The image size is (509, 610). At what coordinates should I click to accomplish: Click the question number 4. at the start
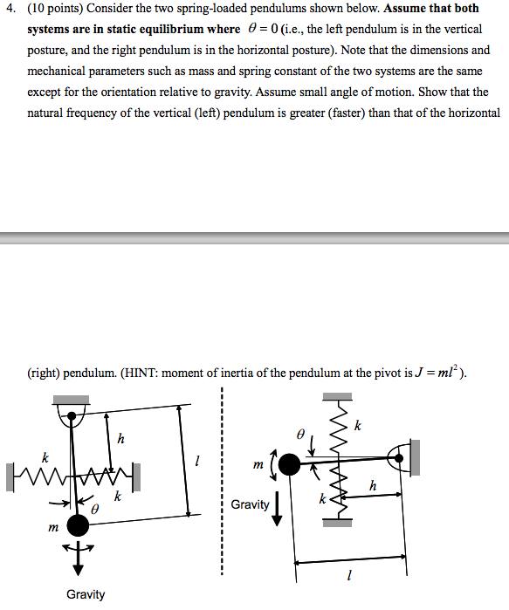pos(10,9)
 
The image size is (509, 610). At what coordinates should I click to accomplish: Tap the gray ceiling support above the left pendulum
pos(71,401)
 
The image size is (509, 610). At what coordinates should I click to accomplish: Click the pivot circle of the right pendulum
pos(401,455)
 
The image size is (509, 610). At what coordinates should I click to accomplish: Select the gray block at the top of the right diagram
pos(338,397)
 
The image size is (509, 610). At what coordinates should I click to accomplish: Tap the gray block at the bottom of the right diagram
pos(338,522)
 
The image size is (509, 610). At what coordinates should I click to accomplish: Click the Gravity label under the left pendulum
pos(86,594)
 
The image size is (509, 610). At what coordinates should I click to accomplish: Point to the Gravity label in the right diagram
pos(251,504)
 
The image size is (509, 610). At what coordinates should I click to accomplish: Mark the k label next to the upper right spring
pos(357,425)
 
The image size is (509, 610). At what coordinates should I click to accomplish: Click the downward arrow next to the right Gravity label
pos(278,509)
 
